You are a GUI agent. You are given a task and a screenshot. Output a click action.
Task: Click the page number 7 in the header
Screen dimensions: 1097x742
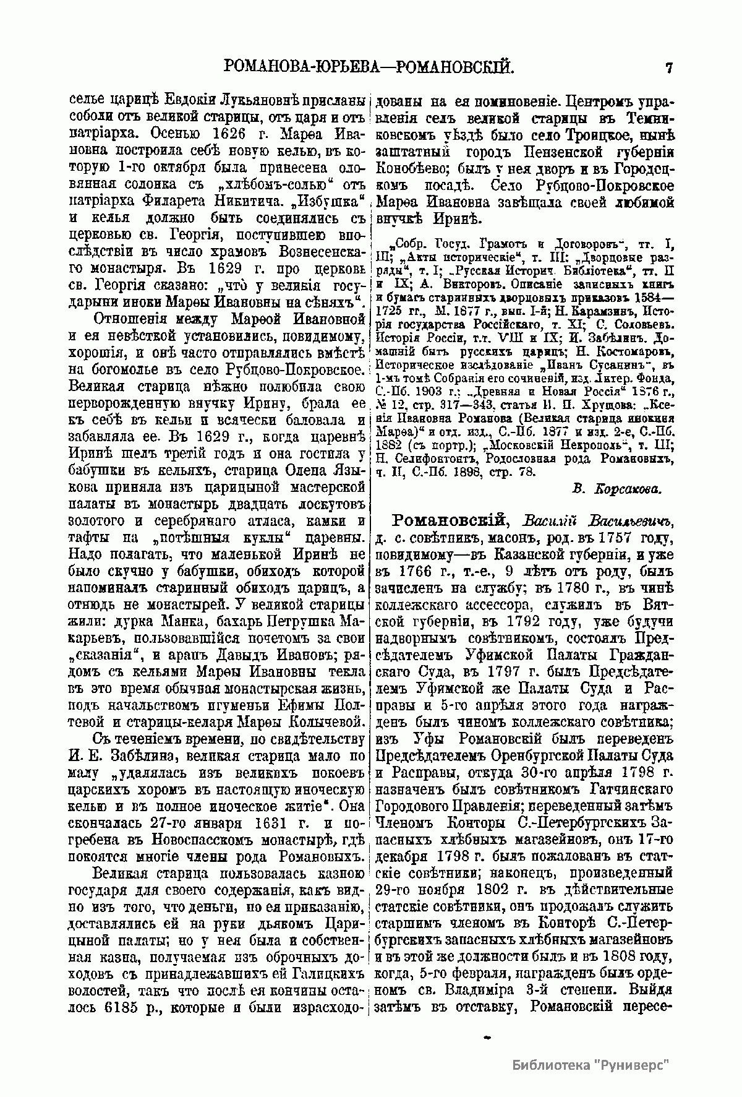pyautogui.click(x=668, y=67)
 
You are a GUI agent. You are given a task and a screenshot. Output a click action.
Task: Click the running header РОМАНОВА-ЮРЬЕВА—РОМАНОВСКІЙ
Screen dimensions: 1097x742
pyautogui.click(x=369, y=66)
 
